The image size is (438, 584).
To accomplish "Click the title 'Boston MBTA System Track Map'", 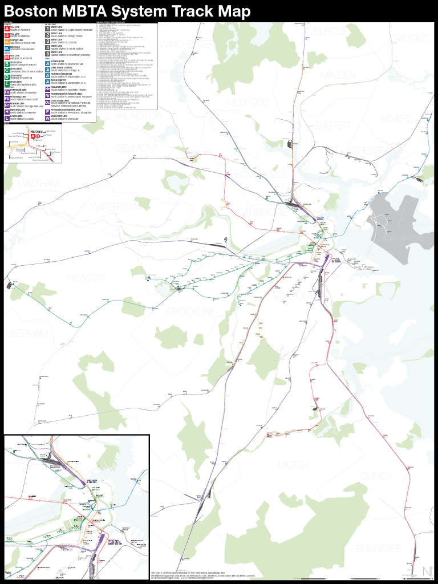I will coord(127,11).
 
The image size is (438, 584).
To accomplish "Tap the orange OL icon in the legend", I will coord(7,41).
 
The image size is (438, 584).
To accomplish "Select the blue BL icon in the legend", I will coord(7,48).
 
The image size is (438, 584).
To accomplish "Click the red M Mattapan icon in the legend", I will coord(7,56).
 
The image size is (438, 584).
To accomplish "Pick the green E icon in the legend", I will coord(7,83).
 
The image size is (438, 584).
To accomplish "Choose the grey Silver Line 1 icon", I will coord(48,27).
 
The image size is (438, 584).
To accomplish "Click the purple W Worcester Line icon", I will coord(48,118).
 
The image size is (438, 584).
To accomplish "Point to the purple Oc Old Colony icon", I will coord(48,103).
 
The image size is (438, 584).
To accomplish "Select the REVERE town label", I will coord(398,119).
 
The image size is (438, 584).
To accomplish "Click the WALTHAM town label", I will coord(38,183).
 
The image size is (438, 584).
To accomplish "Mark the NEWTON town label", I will coord(86,277).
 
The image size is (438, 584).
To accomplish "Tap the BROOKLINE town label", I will coord(191,312).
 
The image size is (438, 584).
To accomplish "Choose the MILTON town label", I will coord(293,465).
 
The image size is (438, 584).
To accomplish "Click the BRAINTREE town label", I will coord(379,548).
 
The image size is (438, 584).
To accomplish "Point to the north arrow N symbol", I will coord(427,571).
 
